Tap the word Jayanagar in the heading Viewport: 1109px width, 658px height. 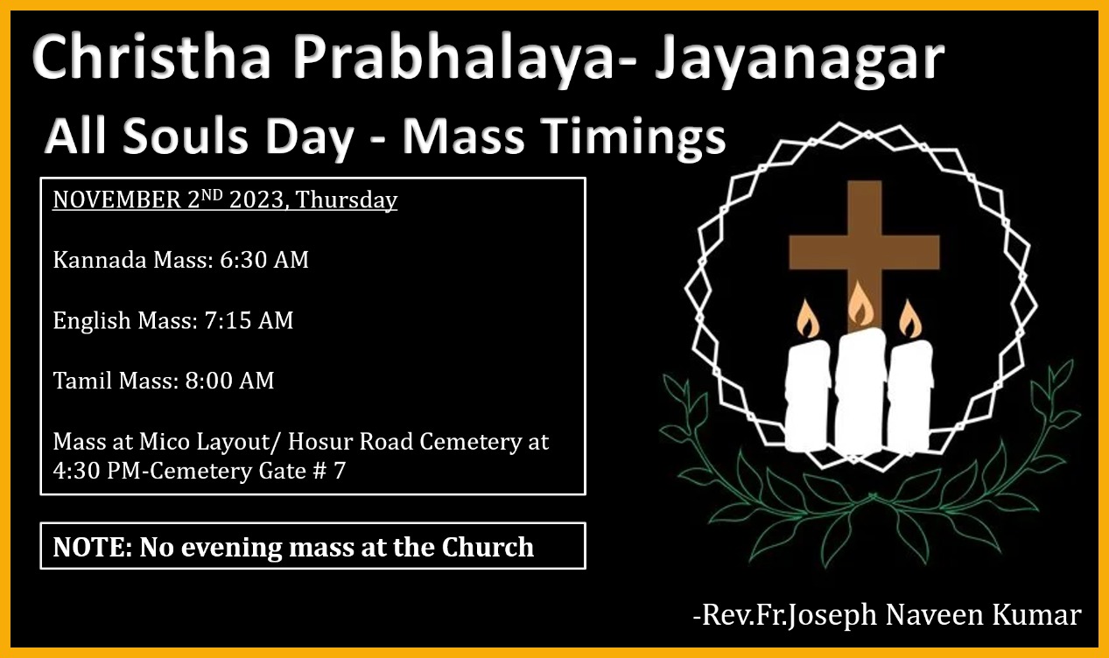799,61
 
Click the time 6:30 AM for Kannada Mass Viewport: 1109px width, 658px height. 264,260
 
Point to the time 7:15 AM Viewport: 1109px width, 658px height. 249,320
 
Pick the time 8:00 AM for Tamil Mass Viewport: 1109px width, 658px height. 229,381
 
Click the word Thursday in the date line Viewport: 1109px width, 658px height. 347,200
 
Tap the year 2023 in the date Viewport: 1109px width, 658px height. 256,199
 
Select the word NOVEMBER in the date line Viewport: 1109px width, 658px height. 116,199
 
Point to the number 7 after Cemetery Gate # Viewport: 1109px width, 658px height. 339,471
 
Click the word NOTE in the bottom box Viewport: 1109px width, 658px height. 92,547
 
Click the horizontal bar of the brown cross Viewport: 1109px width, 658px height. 864,252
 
